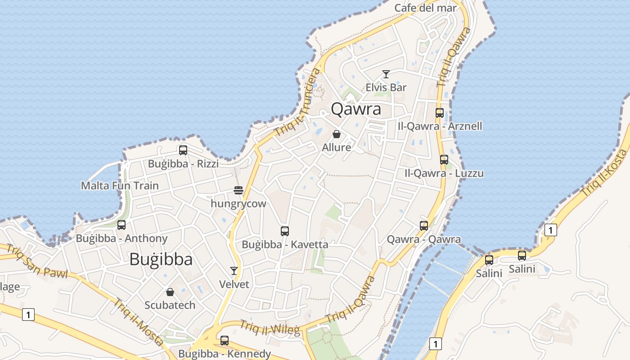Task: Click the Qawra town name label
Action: click(x=355, y=109)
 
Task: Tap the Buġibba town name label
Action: click(x=161, y=259)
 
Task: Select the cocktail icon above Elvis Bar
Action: click(x=386, y=74)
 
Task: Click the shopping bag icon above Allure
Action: click(x=336, y=134)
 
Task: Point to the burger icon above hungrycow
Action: click(x=238, y=190)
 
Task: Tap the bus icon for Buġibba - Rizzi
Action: click(x=183, y=150)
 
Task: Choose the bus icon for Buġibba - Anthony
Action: click(x=121, y=225)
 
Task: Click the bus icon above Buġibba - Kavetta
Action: click(x=284, y=231)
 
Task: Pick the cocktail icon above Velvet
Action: click(x=234, y=271)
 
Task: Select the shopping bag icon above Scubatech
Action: click(x=170, y=292)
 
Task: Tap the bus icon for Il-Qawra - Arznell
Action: click(x=440, y=113)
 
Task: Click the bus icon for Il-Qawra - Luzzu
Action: click(x=444, y=159)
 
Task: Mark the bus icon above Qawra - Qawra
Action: click(x=423, y=226)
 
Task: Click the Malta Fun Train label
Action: click(x=120, y=185)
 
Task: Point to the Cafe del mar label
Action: click(x=425, y=8)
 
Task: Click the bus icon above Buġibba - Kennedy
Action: click(x=224, y=341)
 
